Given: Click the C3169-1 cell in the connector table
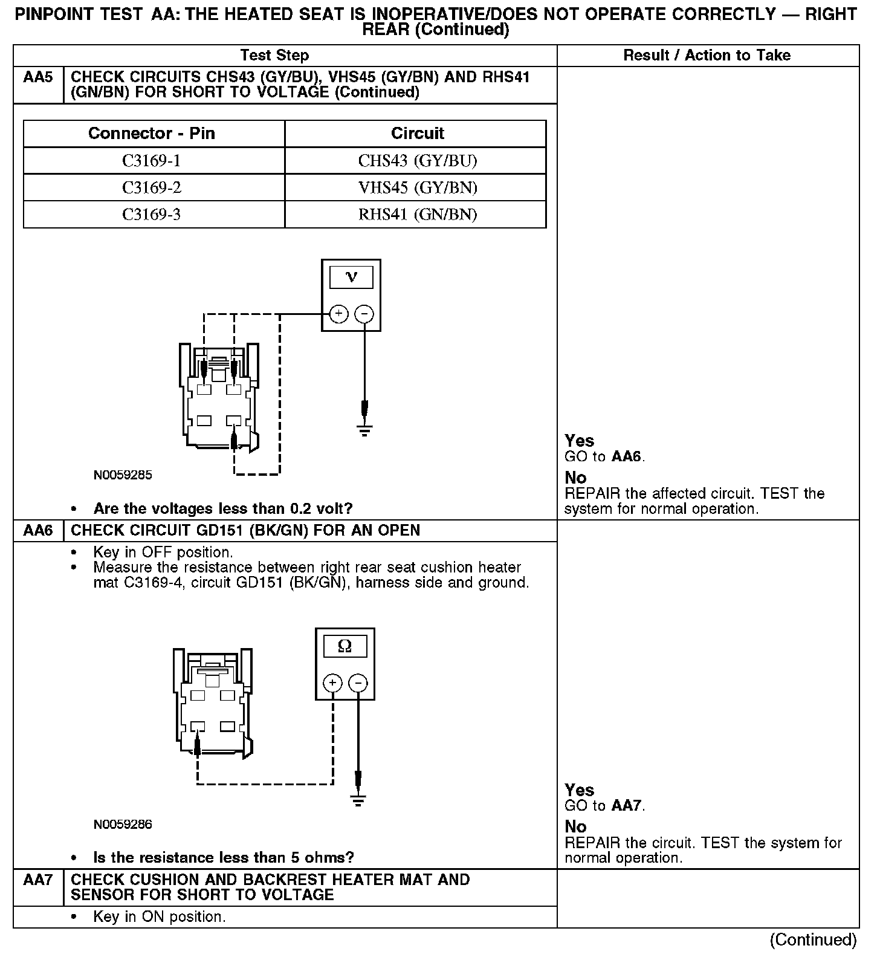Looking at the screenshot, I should (151, 161).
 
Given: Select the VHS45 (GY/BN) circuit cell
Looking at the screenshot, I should (417, 188).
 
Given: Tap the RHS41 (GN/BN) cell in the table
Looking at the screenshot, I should (417, 215).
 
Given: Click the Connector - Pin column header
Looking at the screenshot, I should (151, 133).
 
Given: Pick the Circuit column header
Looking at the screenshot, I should (417, 133).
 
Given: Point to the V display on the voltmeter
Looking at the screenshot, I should (351, 277).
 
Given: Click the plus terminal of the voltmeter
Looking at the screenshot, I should (338, 314).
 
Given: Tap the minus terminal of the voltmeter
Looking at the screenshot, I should (364, 314).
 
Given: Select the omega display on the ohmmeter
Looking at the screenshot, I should (345, 646).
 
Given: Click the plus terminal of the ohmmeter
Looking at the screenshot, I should (333, 683).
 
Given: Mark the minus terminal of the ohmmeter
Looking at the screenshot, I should (358, 683).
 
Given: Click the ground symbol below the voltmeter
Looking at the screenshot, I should (364, 431).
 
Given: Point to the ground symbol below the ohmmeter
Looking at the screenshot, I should (358, 802).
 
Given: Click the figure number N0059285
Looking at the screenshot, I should (123, 475).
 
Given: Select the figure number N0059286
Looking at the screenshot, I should (123, 825).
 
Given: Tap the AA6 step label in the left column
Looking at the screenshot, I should (38, 531).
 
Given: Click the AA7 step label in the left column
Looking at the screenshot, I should (38, 880).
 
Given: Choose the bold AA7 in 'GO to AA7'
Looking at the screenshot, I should (627, 806).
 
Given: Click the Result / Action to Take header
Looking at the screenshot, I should (707, 56).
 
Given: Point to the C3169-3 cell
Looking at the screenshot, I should (151, 215).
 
